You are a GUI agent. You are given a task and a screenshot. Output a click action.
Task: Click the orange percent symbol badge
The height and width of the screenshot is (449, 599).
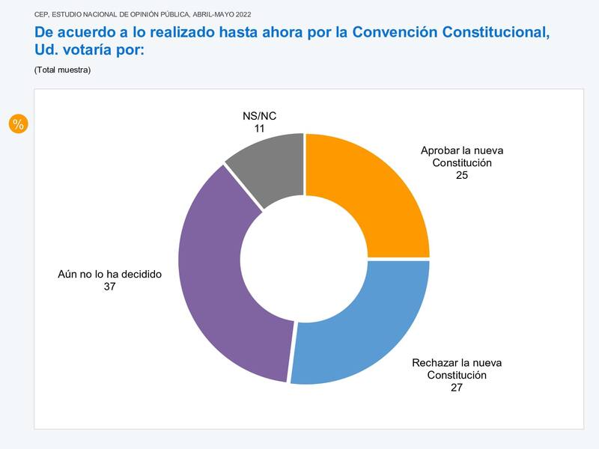point(18,124)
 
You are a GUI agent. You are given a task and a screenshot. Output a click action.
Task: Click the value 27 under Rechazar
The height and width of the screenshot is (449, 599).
point(457,387)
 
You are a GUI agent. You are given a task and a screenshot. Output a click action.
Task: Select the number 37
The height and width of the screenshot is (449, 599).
point(109,286)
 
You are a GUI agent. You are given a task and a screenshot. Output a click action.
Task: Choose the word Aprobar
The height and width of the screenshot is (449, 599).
point(440,150)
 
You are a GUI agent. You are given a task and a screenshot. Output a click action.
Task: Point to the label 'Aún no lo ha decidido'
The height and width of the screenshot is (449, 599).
point(109,274)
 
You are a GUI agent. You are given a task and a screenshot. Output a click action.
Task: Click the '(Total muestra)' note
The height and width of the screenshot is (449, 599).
point(62,70)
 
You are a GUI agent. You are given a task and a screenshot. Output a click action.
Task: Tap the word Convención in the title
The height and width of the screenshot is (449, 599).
point(394,32)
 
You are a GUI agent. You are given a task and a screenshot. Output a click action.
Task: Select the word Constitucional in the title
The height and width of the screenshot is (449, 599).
point(496,32)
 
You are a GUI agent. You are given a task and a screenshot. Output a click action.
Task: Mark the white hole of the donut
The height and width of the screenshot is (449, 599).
point(304,258)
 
